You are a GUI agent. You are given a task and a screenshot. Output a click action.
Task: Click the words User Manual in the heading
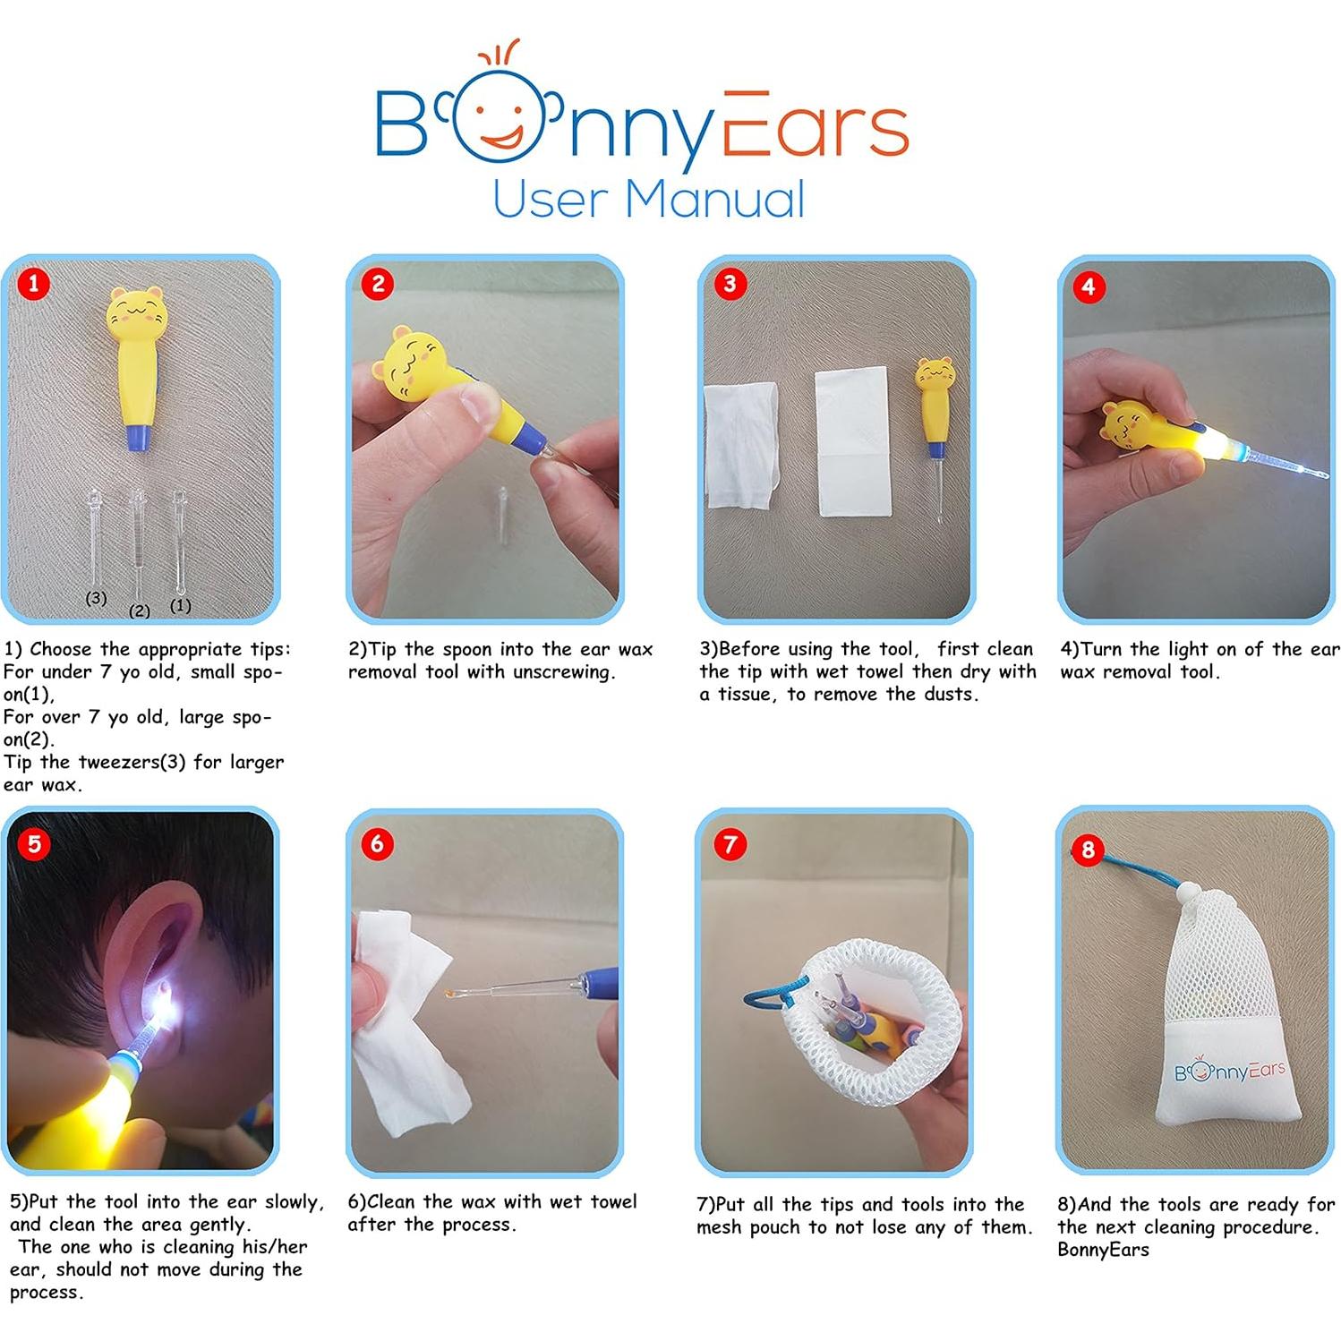[x=648, y=199]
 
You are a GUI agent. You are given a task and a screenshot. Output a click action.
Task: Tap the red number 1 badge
[x=34, y=285]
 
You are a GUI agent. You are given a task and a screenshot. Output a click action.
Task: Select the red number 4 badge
[x=1088, y=286]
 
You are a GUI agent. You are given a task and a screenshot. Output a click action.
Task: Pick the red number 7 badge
[x=730, y=844]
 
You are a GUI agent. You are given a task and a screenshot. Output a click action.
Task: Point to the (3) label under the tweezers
[x=96, y=598]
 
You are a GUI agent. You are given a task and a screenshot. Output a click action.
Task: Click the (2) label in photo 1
[x=140, y=611]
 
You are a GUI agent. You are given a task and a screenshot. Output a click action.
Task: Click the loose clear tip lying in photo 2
[x=503, y=517]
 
